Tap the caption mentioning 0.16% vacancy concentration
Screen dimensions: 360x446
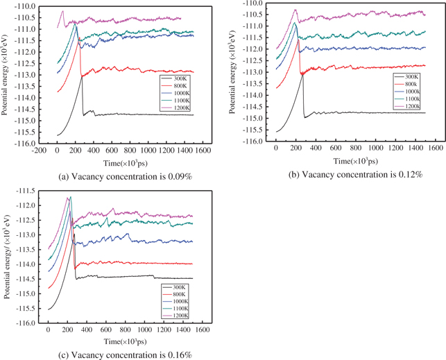click(x=116, y=355)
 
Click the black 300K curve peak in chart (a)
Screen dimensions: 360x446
click(x=82, y=76)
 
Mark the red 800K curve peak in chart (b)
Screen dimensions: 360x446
click(x=298, y=40)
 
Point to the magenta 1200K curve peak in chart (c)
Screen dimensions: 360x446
click(x=69, y=197)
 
